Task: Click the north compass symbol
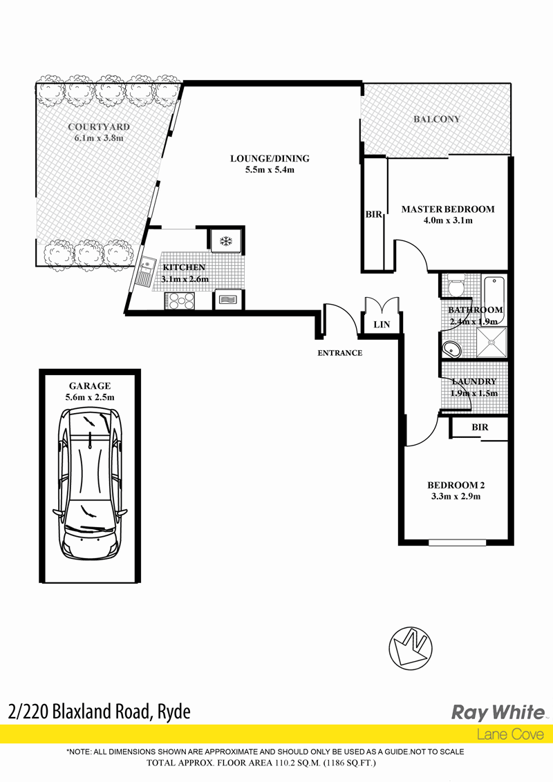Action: coord(411,648)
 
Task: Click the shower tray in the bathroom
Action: coord(491,342)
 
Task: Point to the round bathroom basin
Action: coord(452,349)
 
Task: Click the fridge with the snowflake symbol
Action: coord(226,242)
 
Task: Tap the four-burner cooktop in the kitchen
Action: coord(180,301)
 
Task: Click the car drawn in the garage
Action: coord(90,484)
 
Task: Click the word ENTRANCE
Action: coord(340,353)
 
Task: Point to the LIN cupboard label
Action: coord(382,325)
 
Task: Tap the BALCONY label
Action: coord(437,120)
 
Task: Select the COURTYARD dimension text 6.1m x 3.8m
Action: coord(99,138)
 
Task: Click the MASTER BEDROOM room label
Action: coord(448,209)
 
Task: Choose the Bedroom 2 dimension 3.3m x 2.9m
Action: coord(456,496)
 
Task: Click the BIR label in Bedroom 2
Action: coord(480,428)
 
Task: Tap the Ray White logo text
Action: coord(498,713)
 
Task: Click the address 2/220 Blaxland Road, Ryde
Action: coord(100,712)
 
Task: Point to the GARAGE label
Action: coord(90,386)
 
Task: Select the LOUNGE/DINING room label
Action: coord(270,159)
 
